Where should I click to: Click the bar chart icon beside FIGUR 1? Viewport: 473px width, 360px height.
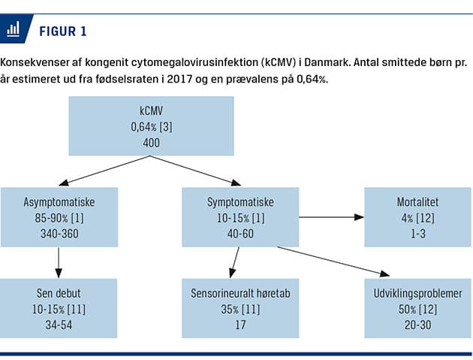(14, 29)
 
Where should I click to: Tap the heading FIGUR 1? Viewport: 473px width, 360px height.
(63, 32)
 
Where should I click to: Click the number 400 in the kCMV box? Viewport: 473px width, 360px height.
(152, 143)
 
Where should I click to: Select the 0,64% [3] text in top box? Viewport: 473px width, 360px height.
(152, 127)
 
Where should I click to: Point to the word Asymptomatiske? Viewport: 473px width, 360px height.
(59, 202)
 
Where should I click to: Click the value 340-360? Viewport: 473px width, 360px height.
(59, 234)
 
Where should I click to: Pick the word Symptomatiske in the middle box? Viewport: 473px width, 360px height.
(240, 202)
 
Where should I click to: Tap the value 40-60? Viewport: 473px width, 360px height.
(240, 234)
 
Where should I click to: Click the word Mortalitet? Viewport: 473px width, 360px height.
(417, 202)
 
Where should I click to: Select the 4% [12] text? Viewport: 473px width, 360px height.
(417, 218)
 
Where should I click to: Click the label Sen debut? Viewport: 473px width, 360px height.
(59, 293)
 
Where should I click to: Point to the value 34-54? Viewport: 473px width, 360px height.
(59, 325)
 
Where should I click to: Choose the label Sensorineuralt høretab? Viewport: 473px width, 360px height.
(240, 293)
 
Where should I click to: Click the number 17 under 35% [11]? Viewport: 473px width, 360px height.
(240, 325)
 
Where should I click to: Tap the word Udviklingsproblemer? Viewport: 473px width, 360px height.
(417, 294)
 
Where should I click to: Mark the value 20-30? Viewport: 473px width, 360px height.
(417, 325)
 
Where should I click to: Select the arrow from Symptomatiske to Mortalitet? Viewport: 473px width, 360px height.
(332, 217)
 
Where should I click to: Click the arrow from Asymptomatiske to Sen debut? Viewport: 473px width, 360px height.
(59, 262)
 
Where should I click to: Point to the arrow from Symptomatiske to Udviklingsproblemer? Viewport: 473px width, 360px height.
(333, 261)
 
